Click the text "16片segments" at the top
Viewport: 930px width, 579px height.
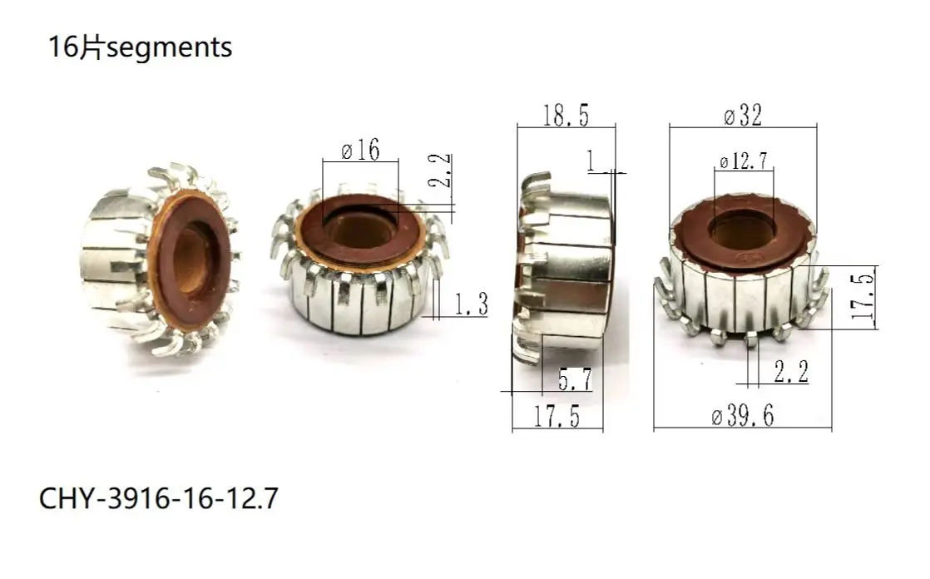(140, 48)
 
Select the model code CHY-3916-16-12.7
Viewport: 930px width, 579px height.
(158, 499)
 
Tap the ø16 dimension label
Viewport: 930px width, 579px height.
(360, 151)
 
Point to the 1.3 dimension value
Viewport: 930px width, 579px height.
(470, 306)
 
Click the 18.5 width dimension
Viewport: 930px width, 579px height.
(566, 115)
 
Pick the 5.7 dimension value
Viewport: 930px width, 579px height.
(575, 380)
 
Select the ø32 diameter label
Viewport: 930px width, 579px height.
(742, 116)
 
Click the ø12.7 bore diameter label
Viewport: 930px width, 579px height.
(743, 161)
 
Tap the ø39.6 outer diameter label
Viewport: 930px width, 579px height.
(742, 416)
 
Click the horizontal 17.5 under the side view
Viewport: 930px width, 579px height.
(557, 416)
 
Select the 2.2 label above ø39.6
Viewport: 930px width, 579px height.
(790, 372)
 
